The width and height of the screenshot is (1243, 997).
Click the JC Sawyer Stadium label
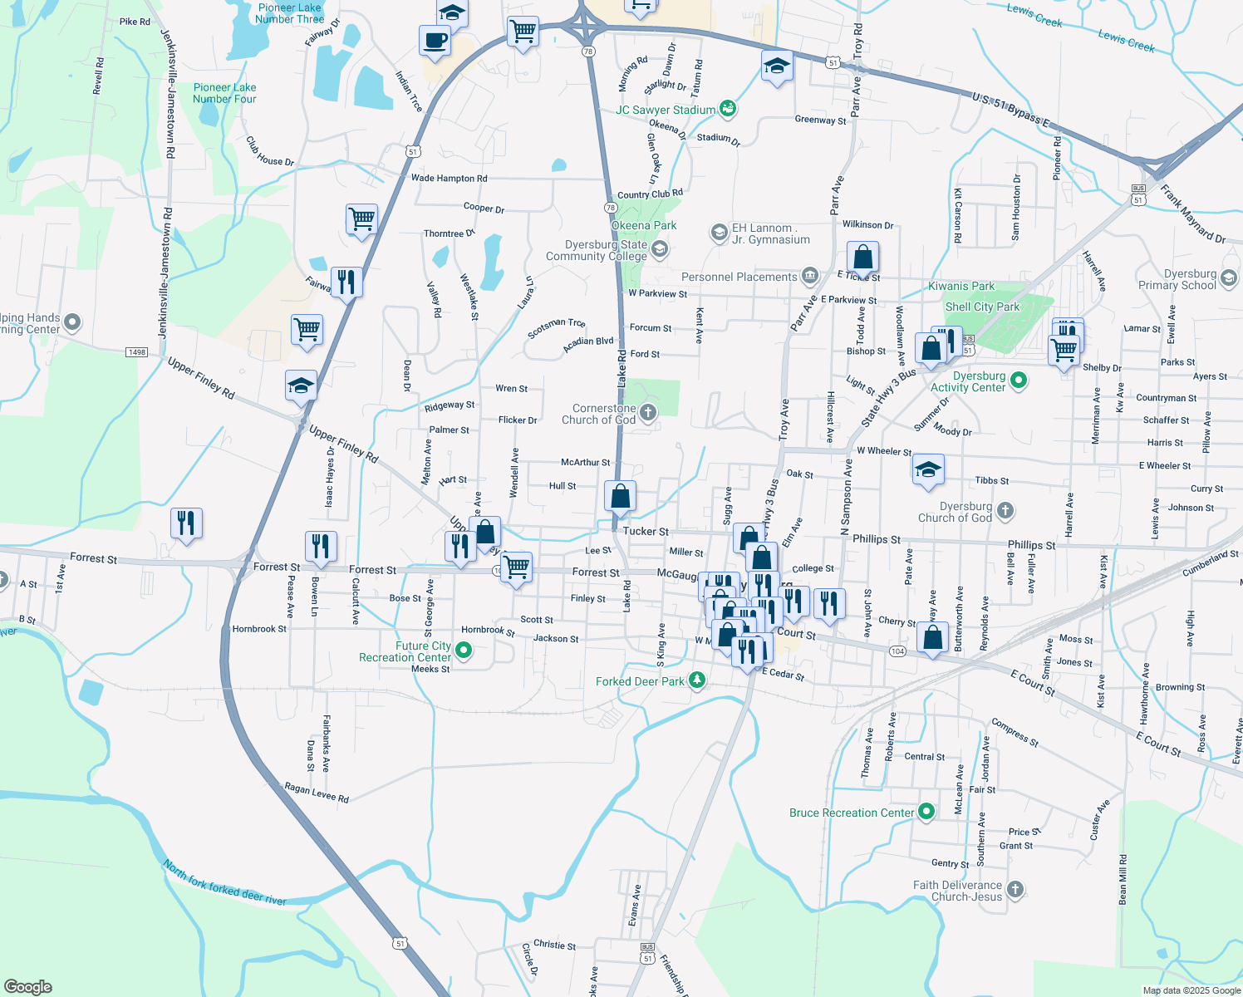coord(666,110)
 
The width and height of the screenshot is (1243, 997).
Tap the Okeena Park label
coord(644,225)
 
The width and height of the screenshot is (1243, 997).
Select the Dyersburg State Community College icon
coord(660,248)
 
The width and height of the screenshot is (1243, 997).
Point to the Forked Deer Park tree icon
coord(697,681)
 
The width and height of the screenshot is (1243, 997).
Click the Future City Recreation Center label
coord(406,651)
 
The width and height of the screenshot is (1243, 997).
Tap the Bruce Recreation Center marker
coord(926,813)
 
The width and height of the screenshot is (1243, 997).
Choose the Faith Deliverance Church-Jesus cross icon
coord(1015,891)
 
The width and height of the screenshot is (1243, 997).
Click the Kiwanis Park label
coord(960,287)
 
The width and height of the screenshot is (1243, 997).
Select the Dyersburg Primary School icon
coord(1229,277)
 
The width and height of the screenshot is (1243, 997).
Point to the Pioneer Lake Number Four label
coord(224,93)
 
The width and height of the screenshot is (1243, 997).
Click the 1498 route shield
coord(136,352)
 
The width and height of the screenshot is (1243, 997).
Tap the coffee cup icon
coord(435,40)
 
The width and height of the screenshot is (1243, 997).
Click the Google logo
coord(27,986)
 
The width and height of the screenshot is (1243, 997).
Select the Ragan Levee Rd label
coord(317,793)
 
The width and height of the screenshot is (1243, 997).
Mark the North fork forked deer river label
coord(224,883)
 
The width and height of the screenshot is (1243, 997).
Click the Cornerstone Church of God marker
coord(648,412)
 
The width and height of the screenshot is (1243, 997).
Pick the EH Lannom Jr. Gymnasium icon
coord(719,233)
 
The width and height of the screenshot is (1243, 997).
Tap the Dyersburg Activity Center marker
coord(1019,381)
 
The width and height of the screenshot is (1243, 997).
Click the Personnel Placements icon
coord(810,276)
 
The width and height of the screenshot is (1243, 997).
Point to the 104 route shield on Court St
coord(897,651)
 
